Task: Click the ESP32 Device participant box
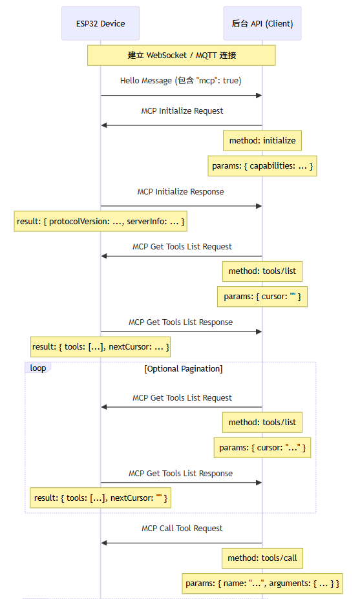101,23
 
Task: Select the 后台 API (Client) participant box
262,23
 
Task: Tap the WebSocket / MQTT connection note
181,56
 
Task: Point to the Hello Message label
181,81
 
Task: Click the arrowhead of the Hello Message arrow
259,96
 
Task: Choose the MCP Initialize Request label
182,110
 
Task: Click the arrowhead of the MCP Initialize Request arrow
104,125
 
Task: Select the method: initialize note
262,141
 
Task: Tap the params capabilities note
262,166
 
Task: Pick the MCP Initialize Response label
180,192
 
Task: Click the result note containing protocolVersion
101,221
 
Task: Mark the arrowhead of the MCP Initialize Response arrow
259,206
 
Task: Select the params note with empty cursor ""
262,297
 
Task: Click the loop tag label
38,368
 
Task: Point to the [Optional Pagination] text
184,369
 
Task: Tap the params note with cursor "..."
262,448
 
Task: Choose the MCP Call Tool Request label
182,529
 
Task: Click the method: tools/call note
262,558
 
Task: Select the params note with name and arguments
262,583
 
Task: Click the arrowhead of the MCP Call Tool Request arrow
104,543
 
